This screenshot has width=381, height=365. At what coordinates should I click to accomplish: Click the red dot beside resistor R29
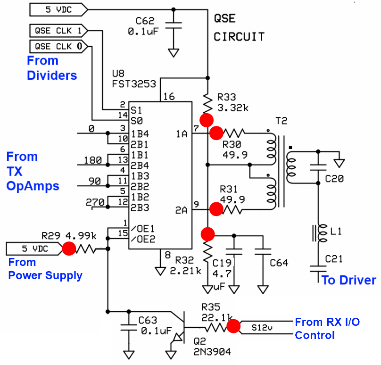(x=69, y=249)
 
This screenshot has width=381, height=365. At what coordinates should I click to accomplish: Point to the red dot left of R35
(x=233, y=326)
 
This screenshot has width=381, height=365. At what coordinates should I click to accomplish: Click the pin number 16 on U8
(x=169, y=97)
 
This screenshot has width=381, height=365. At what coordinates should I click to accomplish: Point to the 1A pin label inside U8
(x=182, y=134)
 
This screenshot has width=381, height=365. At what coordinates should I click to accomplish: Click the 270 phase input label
(x=95, y=203)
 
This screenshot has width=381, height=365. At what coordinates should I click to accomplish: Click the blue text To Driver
(x=348, y=280)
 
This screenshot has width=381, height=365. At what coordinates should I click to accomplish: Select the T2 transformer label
(x=281, y=121)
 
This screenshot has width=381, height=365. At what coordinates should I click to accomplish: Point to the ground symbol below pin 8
(x=160, y=271)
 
